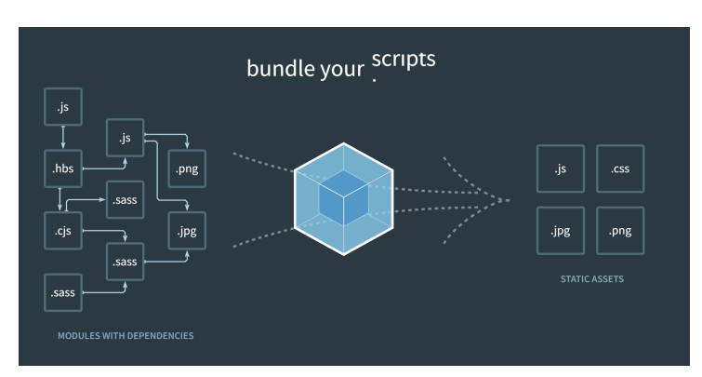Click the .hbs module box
coord(63,169)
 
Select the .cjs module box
coord(63,230)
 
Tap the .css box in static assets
coord(620,168)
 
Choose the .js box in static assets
coord(561,168)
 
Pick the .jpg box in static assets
coord(561,231)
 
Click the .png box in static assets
coord(620,231)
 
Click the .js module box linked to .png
coord(126,140)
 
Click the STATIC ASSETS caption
coord(590,276)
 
